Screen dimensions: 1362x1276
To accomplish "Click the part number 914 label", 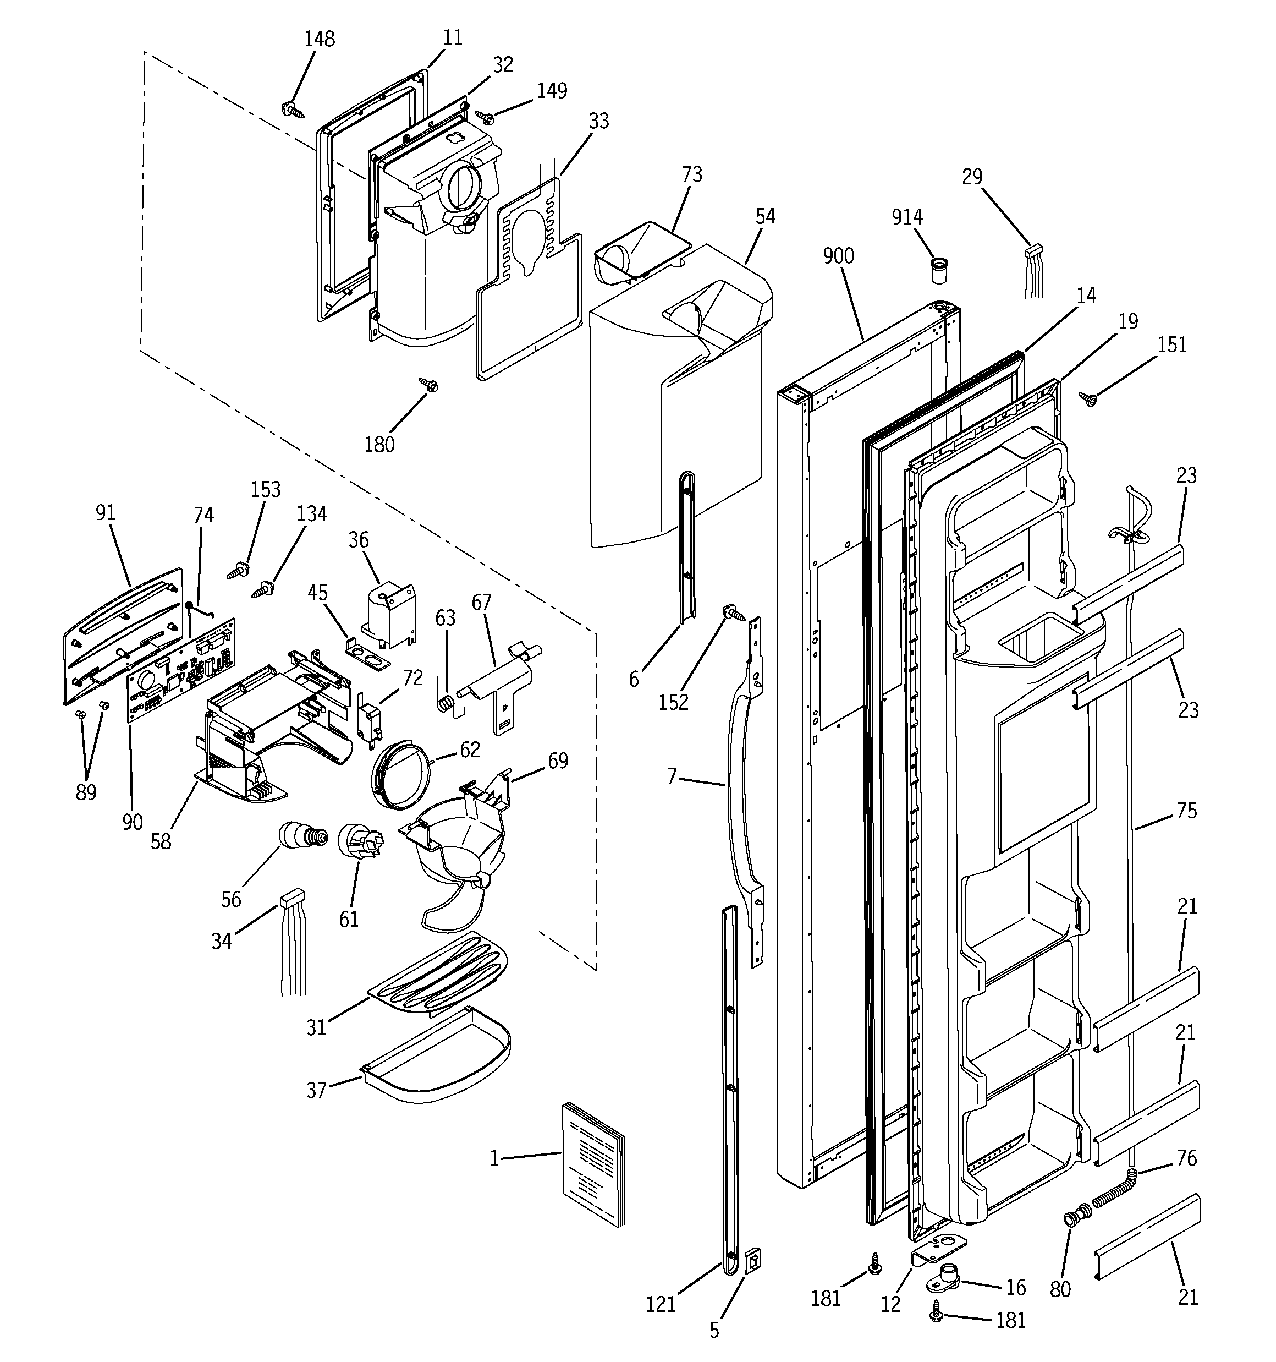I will coord(907,217).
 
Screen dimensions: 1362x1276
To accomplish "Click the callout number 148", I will coord(319,39).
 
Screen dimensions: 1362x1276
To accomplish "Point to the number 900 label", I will coord(838,256).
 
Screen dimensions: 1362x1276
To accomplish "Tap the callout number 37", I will coord(316,1090).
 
